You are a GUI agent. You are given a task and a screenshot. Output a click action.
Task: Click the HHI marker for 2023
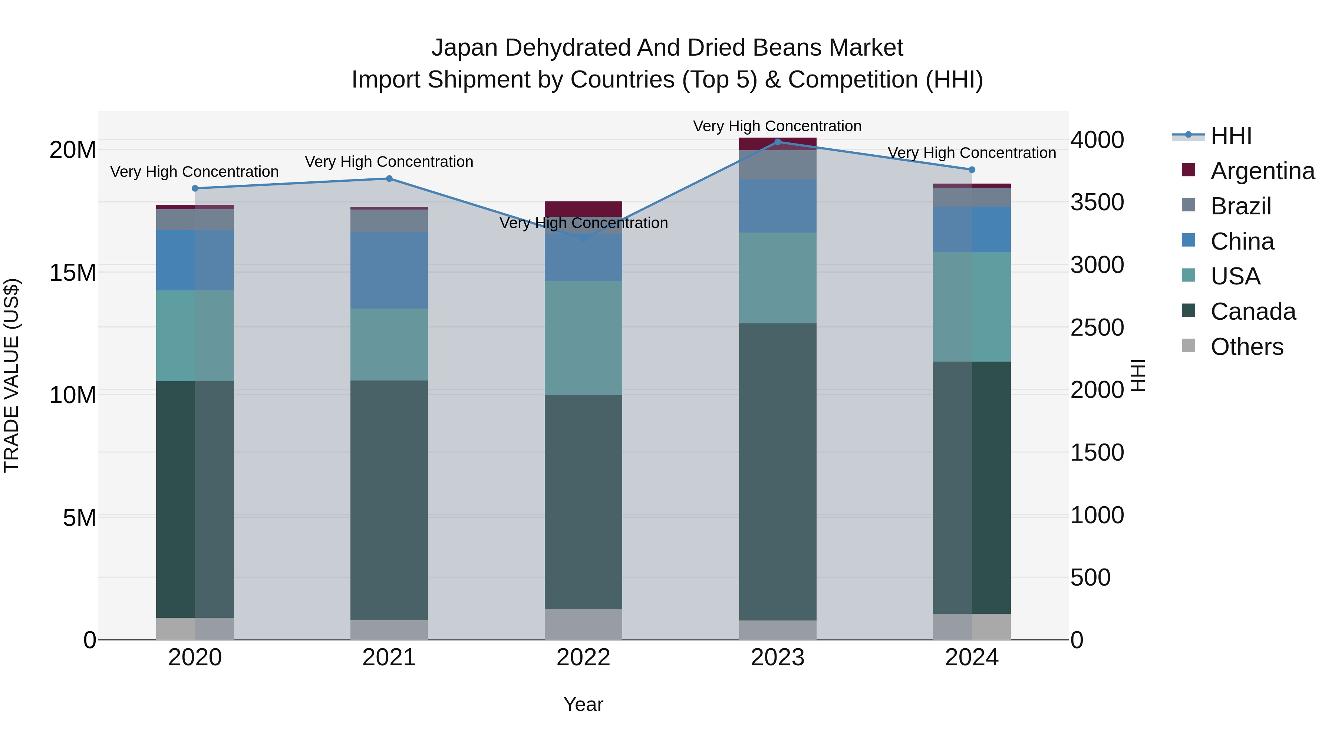pos(777,142)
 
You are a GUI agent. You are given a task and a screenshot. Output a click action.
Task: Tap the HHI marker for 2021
pos(389,179)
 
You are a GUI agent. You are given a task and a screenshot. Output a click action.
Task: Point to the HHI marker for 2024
pos(972,170)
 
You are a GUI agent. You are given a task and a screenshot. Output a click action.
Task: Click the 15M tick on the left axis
pos(73,273)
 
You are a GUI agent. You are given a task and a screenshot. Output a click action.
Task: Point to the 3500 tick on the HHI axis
pos(1097,202)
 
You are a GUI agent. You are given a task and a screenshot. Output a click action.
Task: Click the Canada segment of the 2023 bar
pos(777,472)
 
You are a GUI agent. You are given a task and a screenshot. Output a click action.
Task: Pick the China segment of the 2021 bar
pos(389,270)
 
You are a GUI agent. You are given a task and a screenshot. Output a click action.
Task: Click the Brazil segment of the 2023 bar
pos(777,165)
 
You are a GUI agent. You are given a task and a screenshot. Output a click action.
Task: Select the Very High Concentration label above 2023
pos(777,126)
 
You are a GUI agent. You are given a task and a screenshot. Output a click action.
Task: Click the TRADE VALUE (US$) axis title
pos(11,375)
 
